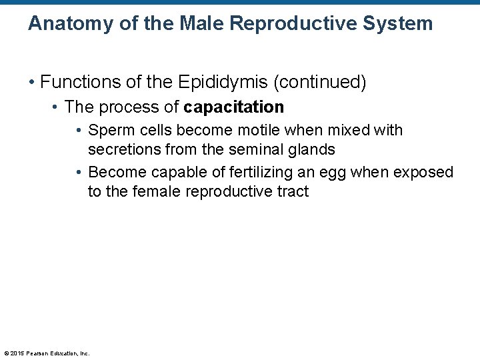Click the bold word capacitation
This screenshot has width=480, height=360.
click(234, 107)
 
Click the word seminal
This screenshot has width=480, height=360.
click(256, 149)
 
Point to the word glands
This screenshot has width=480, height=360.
click(312, 149)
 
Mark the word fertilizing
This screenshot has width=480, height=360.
click(259, 172)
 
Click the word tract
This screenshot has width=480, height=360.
click(293, 192)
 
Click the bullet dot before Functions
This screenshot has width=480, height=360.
click(31, 83)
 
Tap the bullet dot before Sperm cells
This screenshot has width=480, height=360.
click(79, 131)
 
